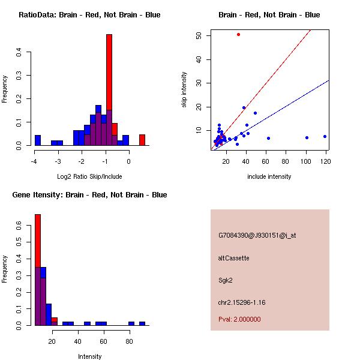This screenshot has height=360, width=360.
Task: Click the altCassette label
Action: (x=233, y=258)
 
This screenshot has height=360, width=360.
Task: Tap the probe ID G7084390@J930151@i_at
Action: (x=257, y=235)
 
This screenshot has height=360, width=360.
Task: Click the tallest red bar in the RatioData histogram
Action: (x=109, y=90)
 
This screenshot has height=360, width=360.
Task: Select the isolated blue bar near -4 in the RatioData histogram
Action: (x=38, y=140)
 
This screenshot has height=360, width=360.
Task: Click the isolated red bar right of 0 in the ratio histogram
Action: (x=142, y=140)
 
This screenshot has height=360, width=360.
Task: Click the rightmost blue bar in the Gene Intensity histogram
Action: (x=142, y=323)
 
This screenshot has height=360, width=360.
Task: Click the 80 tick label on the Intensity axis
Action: (x=129, y=341)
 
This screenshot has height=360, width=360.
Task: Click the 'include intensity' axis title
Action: (x=269, y=176)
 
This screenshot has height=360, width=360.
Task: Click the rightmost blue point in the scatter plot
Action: (x=325, y=136)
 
